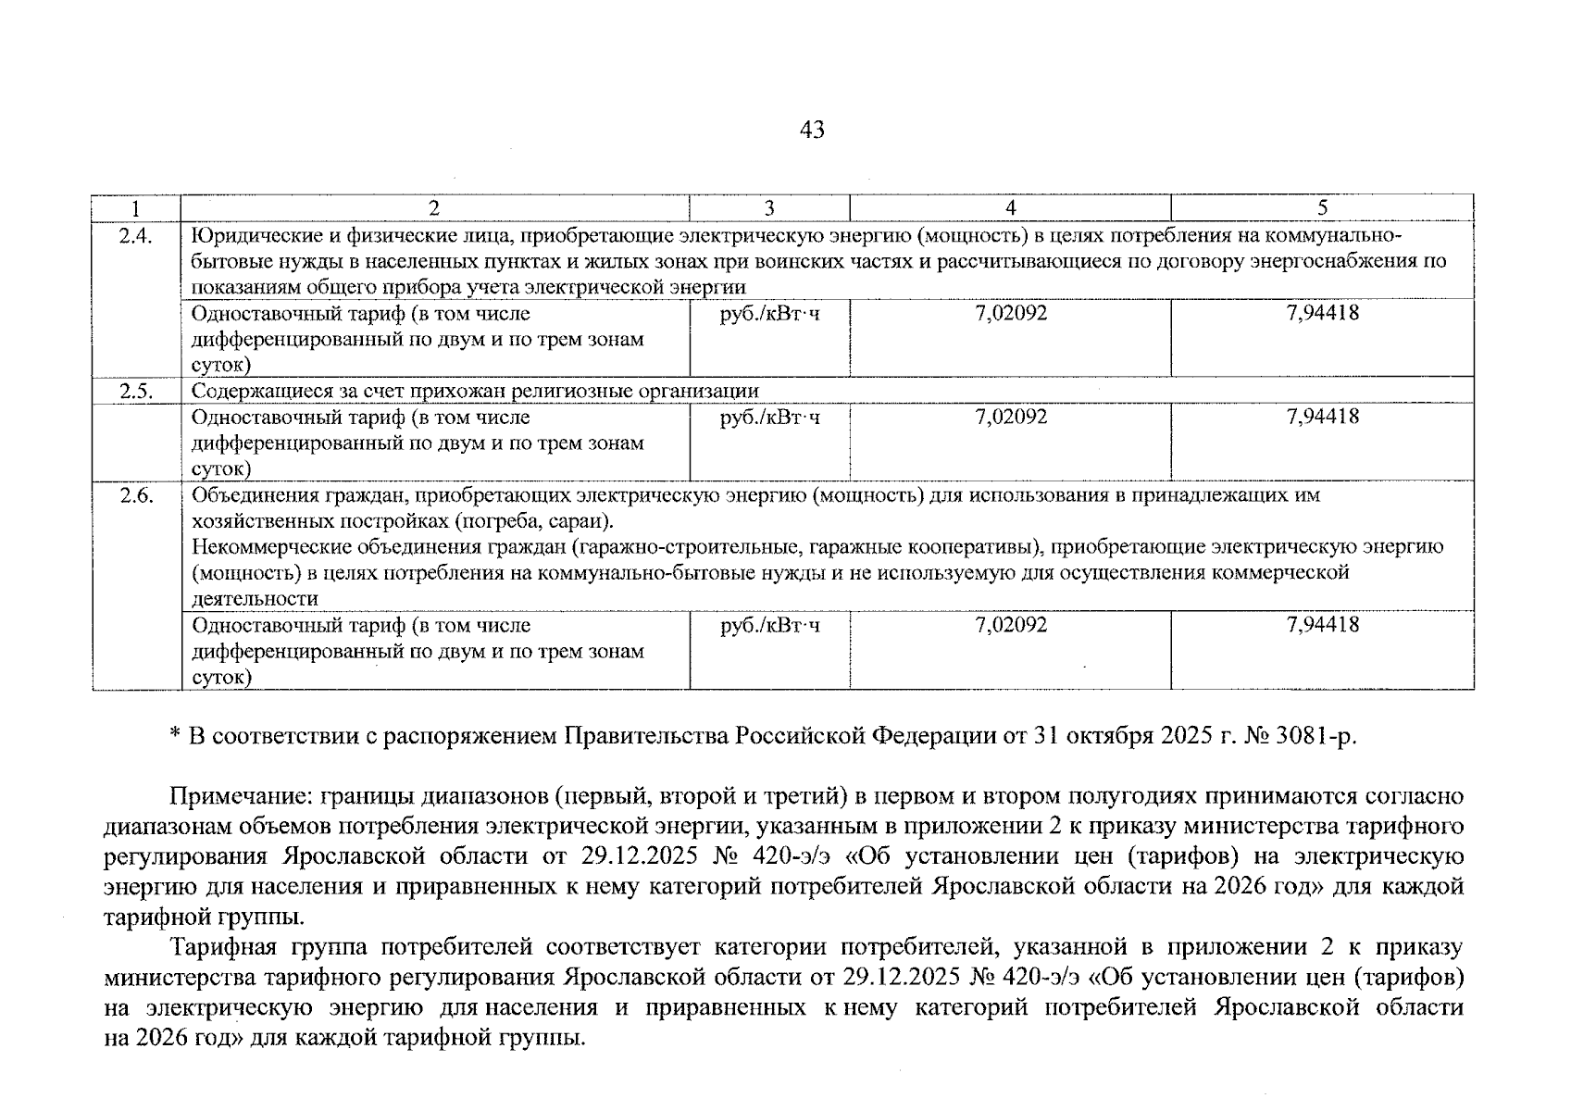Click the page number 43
pos(811,131)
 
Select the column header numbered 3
pos(769,208)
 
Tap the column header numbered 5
pos(1322,207)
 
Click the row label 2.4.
pos(136,235)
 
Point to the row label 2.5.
pos(136,391)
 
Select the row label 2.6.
pos(136,495)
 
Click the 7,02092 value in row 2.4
pos(1011,313)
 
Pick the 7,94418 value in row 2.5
pos(1322,417)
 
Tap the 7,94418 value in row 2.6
pos(1322,625)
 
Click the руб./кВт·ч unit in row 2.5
pos(769,418)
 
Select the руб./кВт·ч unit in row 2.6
pos(769,626)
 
